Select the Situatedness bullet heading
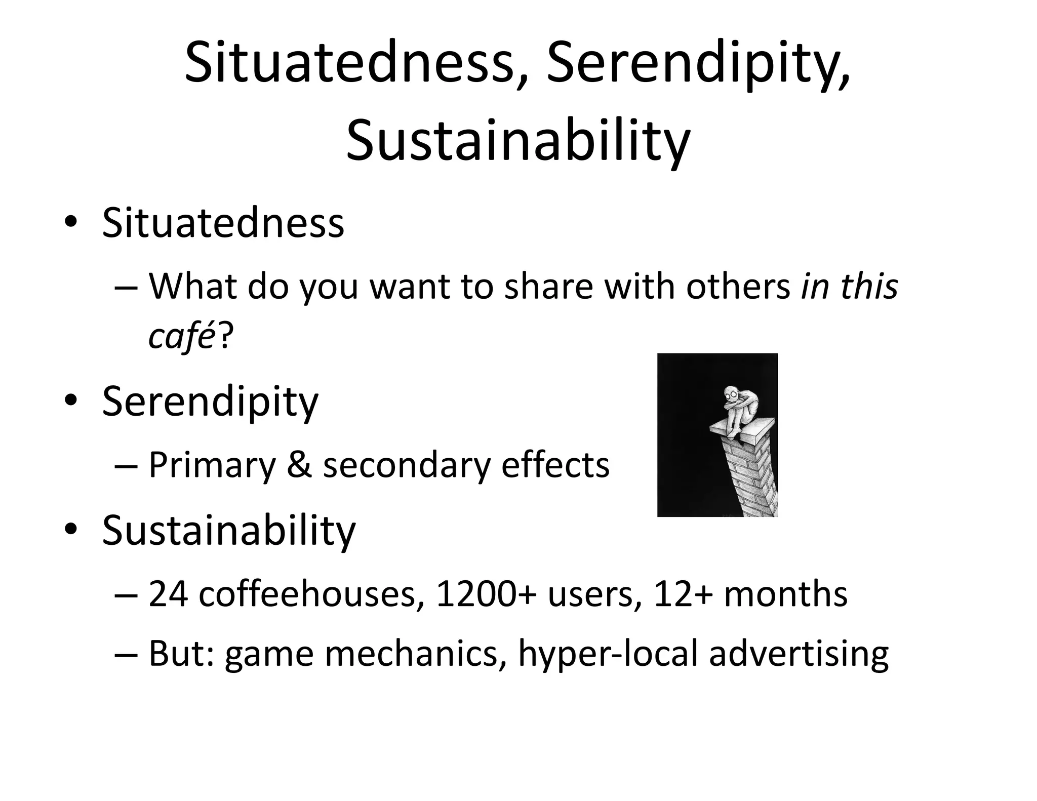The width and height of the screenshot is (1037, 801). point(223,223)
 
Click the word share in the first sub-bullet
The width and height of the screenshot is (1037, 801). point(549,287)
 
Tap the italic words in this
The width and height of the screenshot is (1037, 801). point(849,287)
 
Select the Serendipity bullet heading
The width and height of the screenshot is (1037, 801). point(210,403)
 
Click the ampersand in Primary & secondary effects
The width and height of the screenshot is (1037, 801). point(299,465)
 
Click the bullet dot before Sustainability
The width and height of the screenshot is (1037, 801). point(70,529)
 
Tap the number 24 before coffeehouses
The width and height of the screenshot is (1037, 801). point(168,594)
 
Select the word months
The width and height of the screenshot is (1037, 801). point(785,594)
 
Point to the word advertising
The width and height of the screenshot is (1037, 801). point(799,654)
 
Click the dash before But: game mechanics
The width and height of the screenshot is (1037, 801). point(126,654)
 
